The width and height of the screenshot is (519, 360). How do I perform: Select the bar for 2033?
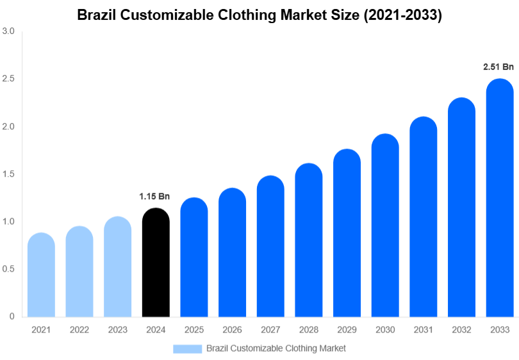click(500, 199)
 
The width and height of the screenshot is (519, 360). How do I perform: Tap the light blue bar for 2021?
click(41, 275)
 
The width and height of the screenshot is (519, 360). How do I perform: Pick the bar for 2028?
click(309, 240)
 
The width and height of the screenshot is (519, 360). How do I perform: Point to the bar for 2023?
click(117, 267)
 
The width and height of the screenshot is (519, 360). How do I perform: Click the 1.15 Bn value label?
click(155, 196)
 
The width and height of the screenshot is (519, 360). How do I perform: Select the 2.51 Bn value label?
click(498, 67)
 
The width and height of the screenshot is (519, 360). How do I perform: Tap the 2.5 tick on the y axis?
click(8, 79)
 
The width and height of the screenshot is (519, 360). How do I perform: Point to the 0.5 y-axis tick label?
click(8, 269)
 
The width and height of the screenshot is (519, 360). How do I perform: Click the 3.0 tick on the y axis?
click(8, 31)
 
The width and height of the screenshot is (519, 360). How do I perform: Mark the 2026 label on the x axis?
click(232, 329)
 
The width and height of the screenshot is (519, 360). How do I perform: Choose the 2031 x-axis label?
click(424, 329)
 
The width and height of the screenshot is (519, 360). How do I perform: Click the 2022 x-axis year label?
click(79, 329)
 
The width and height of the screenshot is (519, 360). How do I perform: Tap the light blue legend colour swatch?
click(187, 348)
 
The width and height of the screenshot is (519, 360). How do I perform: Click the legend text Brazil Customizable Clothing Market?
click(276, 348)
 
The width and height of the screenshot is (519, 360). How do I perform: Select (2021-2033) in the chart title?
click(402, 15)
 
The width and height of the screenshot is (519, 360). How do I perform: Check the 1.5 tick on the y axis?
click(8, 174)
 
